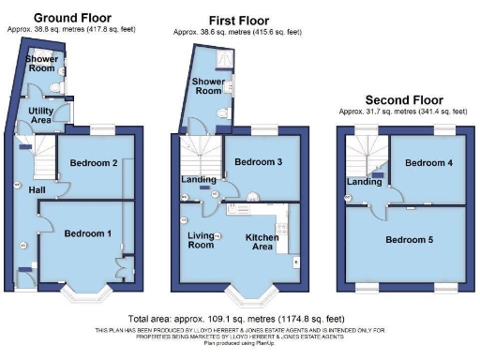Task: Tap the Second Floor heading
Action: tap(404, 98)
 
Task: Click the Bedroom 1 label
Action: tap(88, 233)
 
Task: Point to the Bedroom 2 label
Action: tap(95, 163)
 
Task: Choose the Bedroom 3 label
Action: tap(258, 162)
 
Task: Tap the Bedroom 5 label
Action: tap(409, 239)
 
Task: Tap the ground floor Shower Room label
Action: tap(40, 63)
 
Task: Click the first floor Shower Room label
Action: tap(208, 85)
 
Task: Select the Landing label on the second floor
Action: tap(364, 181)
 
